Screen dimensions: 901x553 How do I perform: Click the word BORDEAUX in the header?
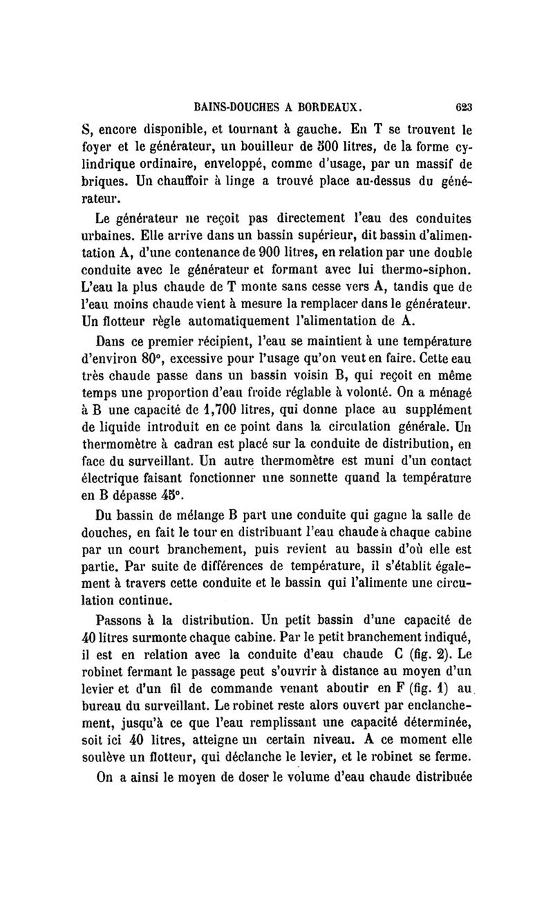tap(323, 107)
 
